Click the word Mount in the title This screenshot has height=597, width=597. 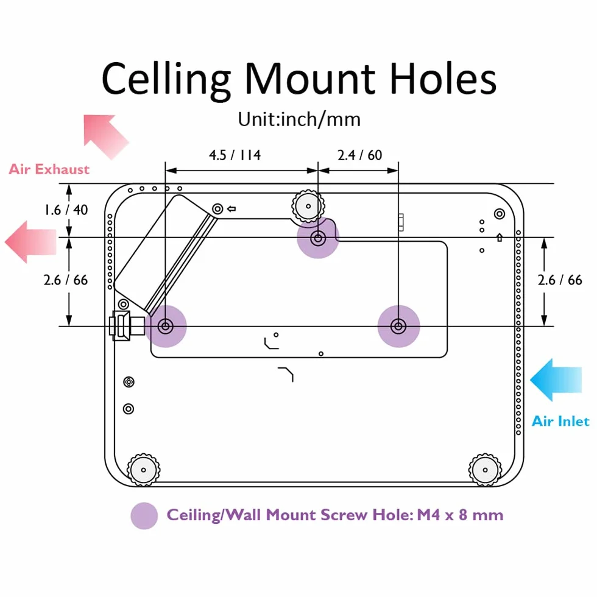[x=310, y=79]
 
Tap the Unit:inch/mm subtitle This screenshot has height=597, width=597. [x=299, y=119]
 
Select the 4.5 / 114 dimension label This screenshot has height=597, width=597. [x=235, y=155]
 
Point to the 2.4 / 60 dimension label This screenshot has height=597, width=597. [x=359, y=155]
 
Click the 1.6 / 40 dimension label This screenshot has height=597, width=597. [x=66, y=210]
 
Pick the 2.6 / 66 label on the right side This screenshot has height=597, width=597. [x=560, y=280]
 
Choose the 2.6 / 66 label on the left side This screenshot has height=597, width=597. [x=66, y=280]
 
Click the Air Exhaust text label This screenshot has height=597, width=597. [x=49, y=169]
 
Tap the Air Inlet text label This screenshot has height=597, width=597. [x=560, y=421]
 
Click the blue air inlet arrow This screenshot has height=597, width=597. [x=556, y=380]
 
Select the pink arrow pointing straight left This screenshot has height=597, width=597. [x=30, y=242]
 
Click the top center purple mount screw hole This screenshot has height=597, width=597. [x=318, y=238]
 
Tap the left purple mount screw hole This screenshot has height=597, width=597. [x=166, y=327]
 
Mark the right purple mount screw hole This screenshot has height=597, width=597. [x=398, y=327]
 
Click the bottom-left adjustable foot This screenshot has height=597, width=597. [x=143, y=470]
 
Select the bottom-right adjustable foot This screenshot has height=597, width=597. [x=485, y=470]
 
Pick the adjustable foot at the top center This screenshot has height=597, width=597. [x=308, y=207]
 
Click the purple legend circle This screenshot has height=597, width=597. [x=144, y=516]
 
